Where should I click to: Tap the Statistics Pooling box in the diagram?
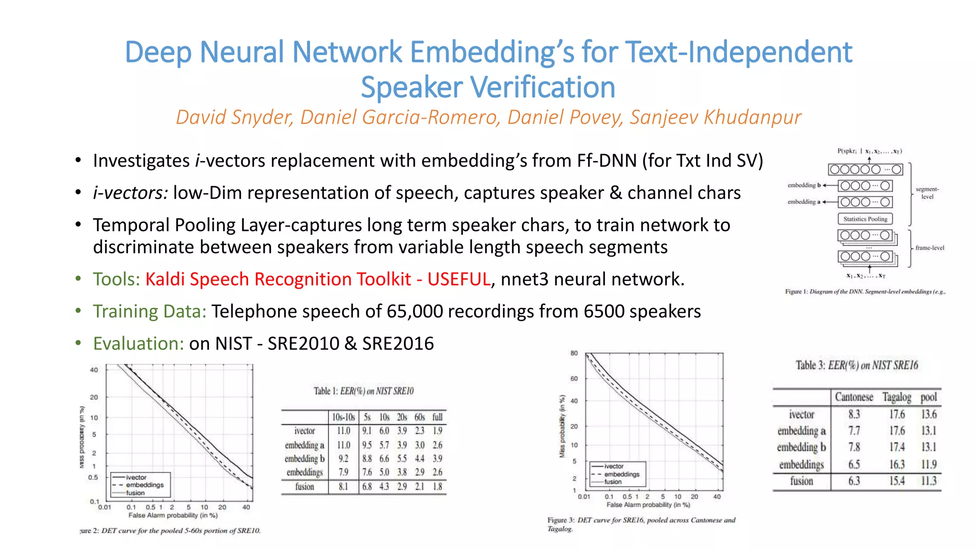click(865, 219)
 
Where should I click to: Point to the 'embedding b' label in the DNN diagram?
click(804, 185)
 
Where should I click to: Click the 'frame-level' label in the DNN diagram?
click(929, 248)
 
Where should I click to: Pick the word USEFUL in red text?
click(458, 279)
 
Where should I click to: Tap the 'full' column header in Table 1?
click(437, 417)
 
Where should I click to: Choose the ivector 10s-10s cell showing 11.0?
click(343, 431)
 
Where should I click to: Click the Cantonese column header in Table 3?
click(854, 397)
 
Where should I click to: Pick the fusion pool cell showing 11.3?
click(928, 481)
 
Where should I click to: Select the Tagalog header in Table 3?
click(896, 397)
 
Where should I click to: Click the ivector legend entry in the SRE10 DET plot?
click(136, 477)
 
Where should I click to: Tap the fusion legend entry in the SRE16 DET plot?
click(613, 482)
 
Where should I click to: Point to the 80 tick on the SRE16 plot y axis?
click(574, 353)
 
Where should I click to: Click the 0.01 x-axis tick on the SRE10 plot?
click(104, 508)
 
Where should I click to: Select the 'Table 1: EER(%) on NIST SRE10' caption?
click(364, 391)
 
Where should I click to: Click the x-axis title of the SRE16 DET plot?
click(648, 505)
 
